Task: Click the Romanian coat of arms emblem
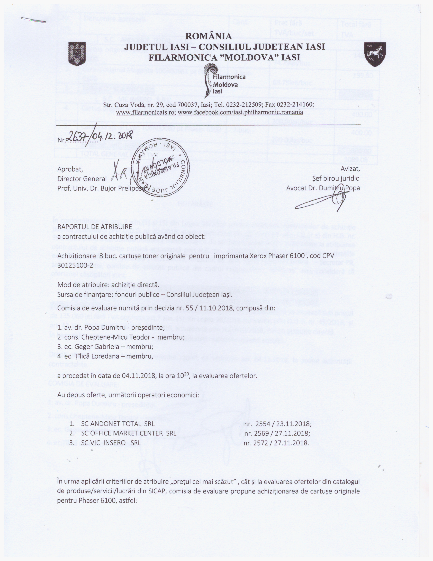coord(77,54)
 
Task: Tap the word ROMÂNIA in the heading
coord(208,36)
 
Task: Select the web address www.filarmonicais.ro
coord(146,112)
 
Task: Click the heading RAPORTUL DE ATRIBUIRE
coord(95,227)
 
